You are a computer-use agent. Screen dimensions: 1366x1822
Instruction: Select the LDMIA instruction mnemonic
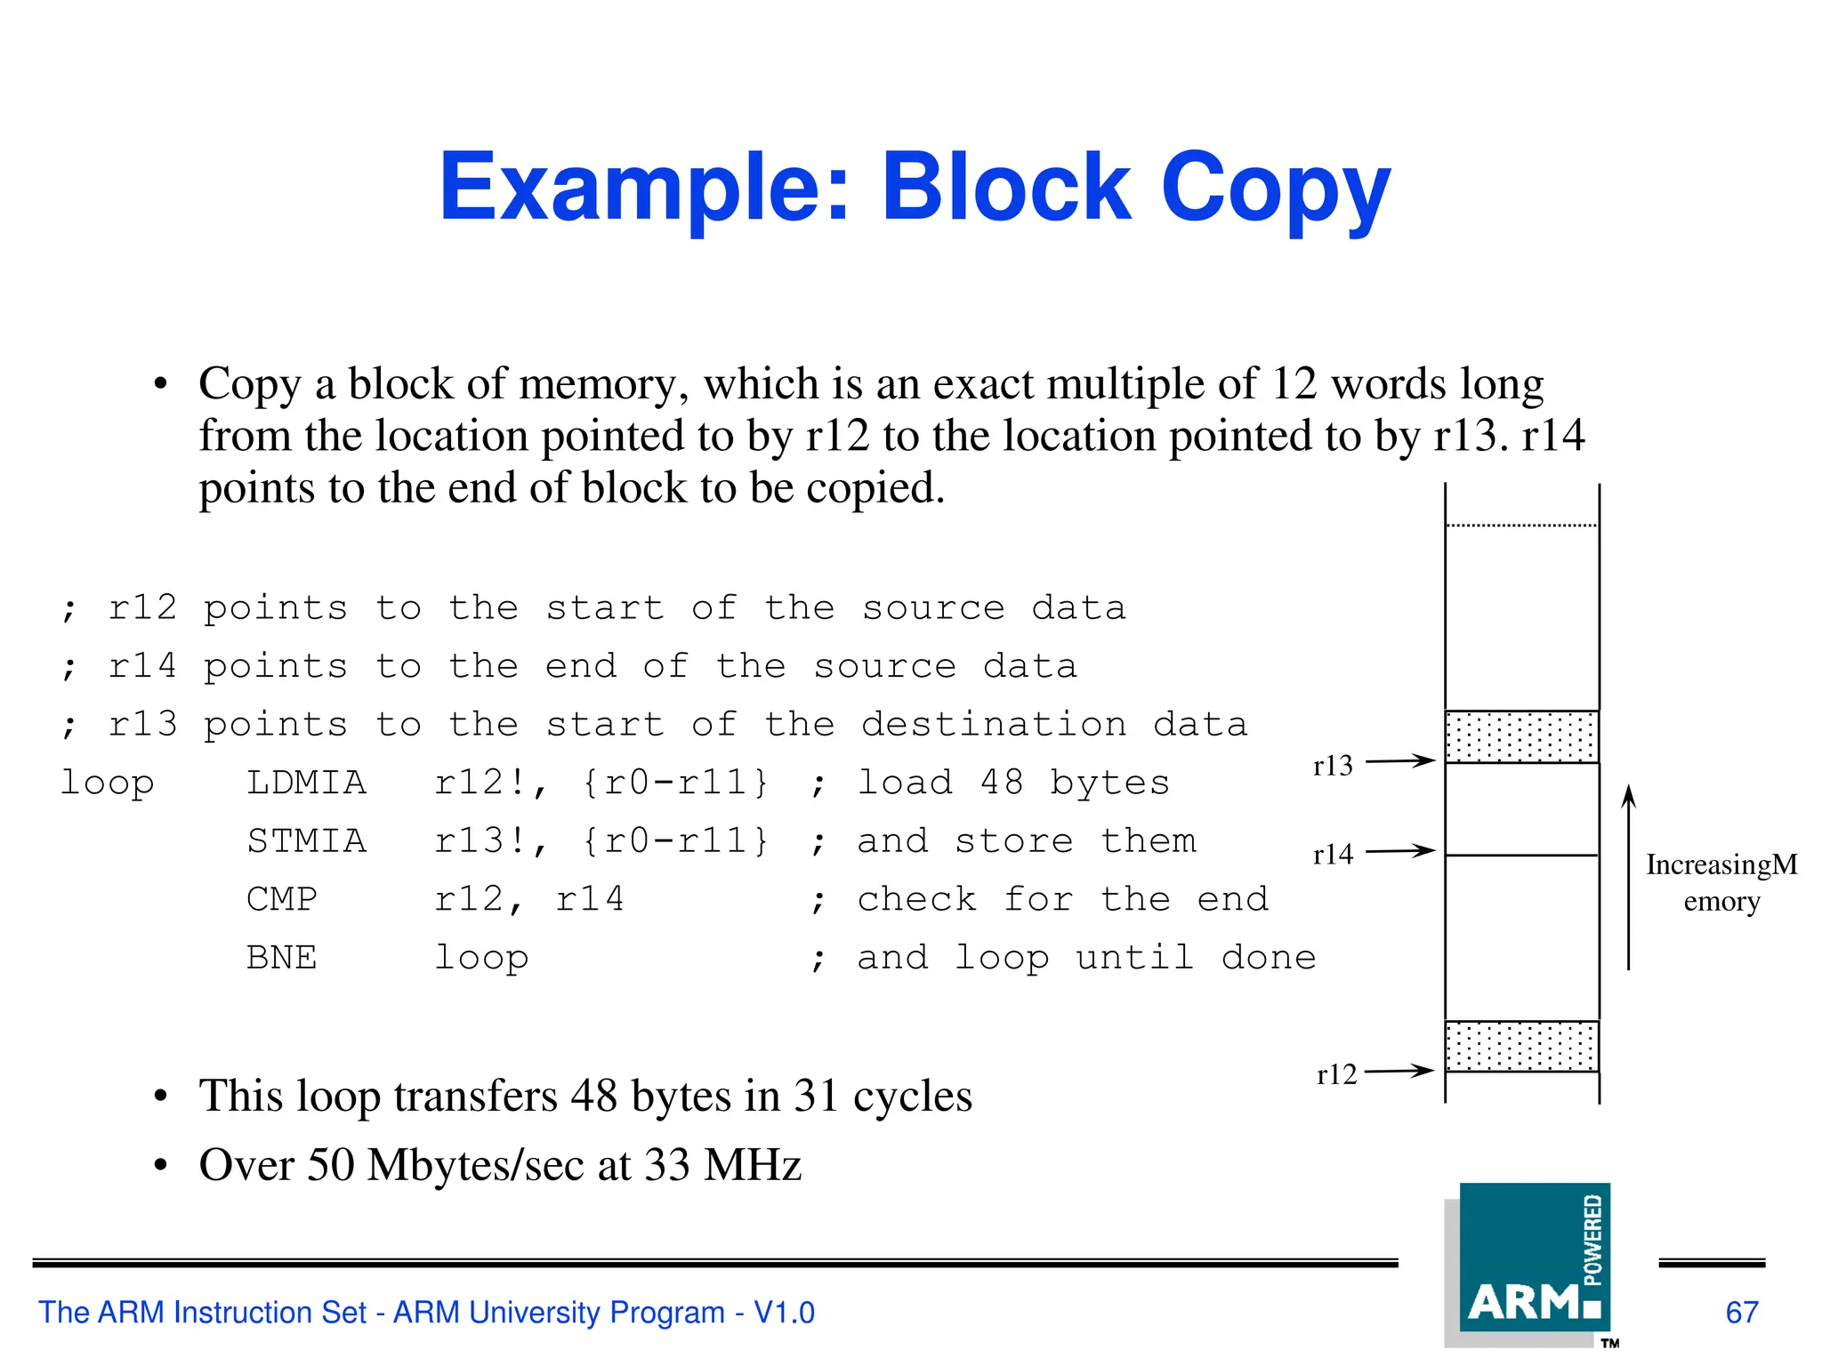[x=306, y=783]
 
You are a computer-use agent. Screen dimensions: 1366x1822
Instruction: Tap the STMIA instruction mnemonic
[x=306, y=841]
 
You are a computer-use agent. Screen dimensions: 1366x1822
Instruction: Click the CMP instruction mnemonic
[x=281, y=899]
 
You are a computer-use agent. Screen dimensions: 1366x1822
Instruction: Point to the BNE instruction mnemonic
[x=281, y=958]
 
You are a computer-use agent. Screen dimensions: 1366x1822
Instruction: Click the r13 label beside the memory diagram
[x=1332, y=766]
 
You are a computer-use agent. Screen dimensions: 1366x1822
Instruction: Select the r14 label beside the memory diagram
[x=1332, y=855]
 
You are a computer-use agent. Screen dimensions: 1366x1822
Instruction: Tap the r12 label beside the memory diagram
[x=1336, y=1074]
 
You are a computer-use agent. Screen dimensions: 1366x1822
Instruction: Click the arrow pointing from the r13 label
[x=1400, y=761]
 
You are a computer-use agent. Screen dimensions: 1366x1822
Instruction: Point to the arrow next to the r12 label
[x=1399, y=1072]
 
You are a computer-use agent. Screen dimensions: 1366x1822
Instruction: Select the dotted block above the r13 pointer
[x=1521, y=736]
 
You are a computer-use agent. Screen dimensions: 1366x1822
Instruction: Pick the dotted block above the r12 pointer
[x=1521, y=1046]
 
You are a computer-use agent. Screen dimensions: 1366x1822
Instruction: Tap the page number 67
[x=1742, y=1313]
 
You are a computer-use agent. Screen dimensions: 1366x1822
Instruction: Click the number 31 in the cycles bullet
[x=816, y=1096]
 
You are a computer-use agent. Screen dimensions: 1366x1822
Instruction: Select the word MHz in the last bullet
[x=753, y=1165]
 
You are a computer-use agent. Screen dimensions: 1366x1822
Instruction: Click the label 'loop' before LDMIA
[x=107, y=783]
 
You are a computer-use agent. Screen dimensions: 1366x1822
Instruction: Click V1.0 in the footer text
[x=784, y=1313]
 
